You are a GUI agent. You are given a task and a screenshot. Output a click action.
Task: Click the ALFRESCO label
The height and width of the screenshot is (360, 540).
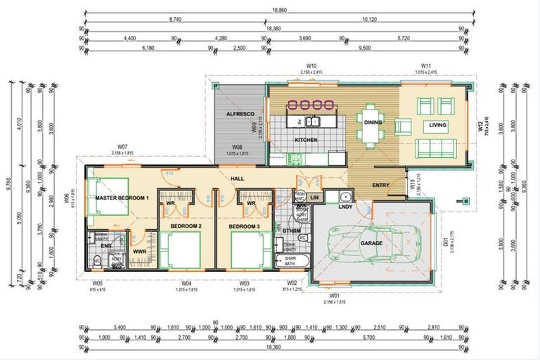(229, 113)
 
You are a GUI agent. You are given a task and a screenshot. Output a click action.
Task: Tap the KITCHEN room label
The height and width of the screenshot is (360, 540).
(306, 140)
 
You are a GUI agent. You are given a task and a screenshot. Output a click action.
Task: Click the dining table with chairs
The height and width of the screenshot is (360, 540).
(370, 124)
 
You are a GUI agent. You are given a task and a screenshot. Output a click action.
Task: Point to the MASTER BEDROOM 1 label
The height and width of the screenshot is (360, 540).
(122, 198)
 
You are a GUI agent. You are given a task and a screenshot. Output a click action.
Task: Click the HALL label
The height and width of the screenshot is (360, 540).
(237, 179)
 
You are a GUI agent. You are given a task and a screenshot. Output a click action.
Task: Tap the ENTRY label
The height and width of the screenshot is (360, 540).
(380, 185)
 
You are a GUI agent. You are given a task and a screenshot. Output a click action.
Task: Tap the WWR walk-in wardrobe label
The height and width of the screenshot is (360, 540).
(139, 250)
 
